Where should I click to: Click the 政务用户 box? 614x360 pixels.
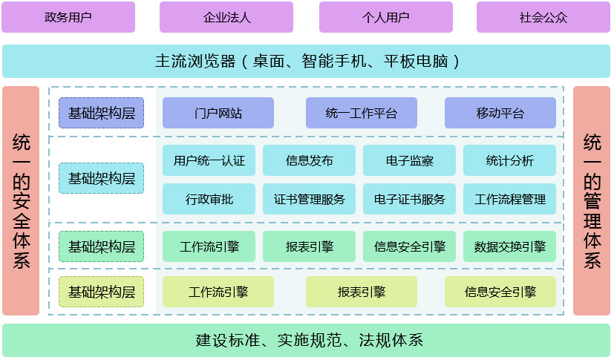point(68,17)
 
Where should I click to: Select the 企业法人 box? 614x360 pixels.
point(226,17)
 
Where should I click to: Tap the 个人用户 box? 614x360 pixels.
point(386,17)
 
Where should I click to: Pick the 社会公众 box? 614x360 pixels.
point(543,17)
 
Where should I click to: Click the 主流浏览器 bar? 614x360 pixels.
point(307,61)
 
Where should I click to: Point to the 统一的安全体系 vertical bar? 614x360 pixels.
point(21,200)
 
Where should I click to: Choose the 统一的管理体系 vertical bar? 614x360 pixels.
point(592,200)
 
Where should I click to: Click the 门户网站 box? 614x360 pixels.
point(218,113)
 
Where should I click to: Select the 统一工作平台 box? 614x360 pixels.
point(362,113)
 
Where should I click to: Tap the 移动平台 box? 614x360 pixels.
point(500,113)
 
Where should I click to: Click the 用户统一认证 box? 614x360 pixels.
point(209,160)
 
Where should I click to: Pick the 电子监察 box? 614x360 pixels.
point(410,160)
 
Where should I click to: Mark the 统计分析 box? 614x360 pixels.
point(509,160)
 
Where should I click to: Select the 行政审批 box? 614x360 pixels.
point(209,199)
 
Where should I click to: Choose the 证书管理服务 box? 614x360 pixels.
point(309,199)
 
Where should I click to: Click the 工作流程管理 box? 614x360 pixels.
point(509,199)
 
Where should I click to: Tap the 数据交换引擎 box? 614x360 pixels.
point(509,246)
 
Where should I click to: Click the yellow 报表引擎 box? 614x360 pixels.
point(362,292)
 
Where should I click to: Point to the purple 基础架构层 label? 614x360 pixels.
point(102,113)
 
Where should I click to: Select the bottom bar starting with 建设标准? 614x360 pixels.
point(307,341)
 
